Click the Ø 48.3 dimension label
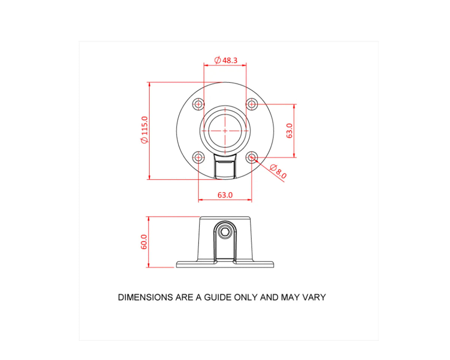click(x=226, y=60)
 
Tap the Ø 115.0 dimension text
click(x=144, y=130)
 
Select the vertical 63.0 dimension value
click(x=289, y=131)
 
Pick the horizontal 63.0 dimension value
click(x=225, y=195)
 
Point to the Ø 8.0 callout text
click(x=278, y=171)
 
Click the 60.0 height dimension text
click(x=144, y=242)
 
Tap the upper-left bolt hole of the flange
click(x=198, y=104)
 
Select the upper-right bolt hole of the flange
click(x=252, y=104)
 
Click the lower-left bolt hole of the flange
click(x=198, y=157)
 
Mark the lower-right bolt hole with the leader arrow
click(x=252, y=157)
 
